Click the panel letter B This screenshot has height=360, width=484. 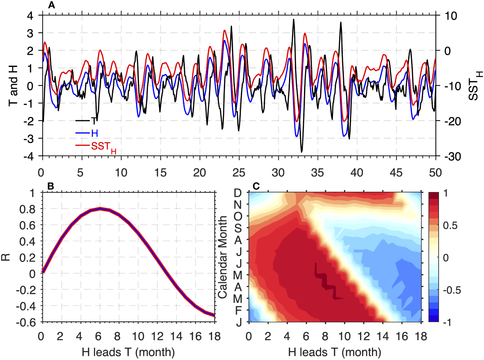(x=51, y=186)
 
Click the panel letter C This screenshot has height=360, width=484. (x=256, y=186)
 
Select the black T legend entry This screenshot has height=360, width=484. (x=93, y=121)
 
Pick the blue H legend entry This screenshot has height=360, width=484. (x=94, y=133)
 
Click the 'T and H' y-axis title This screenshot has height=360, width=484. (x=13, y=85)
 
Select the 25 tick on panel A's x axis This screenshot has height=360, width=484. (x=239, y=173)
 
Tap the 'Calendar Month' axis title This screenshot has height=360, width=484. (x=222, y=257)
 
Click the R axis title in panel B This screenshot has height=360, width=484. (x=6, y=257)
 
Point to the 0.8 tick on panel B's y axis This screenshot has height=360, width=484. (x=27, y=209)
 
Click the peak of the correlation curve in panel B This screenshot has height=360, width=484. (x=100, y=208)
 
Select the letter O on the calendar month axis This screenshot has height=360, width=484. (x=238, y=216)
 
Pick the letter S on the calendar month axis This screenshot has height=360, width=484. (x=238, y=228)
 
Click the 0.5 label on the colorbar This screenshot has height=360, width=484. (x=450, y=226)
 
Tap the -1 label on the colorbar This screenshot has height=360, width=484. (x=447, y=322)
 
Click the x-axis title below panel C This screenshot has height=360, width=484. (x=334, y=352)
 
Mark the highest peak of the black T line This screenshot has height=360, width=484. (x=293, y=19)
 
